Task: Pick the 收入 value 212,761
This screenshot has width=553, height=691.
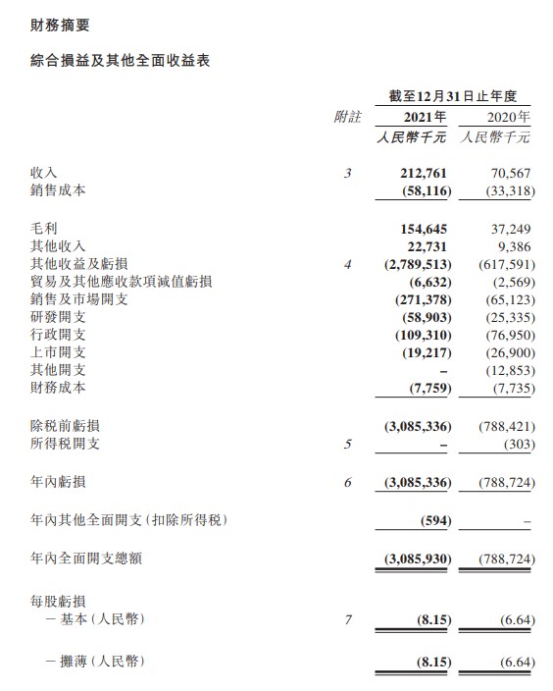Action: coord(425,173)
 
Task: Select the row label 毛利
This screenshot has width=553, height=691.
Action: coord(45,228)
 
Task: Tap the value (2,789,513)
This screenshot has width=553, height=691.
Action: coord(417,264)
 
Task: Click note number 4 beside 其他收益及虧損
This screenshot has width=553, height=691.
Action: coord(347,264)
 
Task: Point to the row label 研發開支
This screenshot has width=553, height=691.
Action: coord(59,317)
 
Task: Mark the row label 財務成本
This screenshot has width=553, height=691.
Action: coord(59,388)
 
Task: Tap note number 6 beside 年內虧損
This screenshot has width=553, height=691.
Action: coord(347,482)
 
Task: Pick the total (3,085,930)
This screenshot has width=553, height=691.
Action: coord(417,558)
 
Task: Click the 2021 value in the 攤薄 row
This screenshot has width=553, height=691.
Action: coord(430,663)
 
